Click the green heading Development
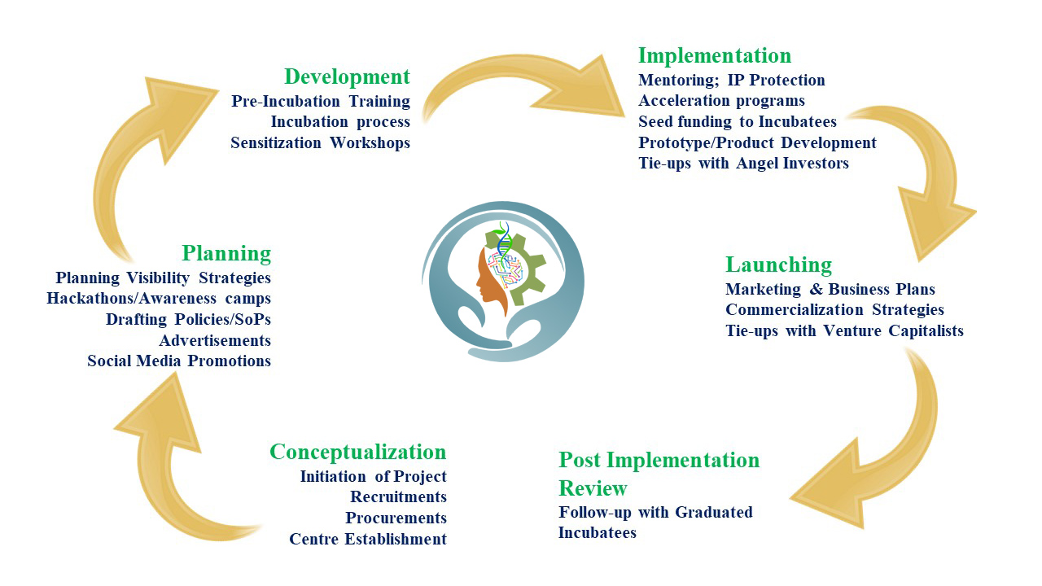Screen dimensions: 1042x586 tap(347, 77)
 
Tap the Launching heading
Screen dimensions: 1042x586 tap(779, 265)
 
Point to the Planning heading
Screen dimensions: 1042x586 tap(226, 253)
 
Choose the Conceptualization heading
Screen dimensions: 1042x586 tap(357, 452)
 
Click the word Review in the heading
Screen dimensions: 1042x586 tap(593, 488)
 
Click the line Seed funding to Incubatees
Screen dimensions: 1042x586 tap(738, 122)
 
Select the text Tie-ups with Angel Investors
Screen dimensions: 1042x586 tap(743, 164)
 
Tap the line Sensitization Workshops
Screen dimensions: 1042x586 tap(321, 142)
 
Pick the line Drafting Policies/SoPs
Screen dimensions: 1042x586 tap(188, 320)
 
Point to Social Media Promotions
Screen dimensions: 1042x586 tap(179, 361)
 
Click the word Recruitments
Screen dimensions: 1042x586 tap(398, 496)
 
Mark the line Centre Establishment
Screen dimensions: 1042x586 tap(368, 539)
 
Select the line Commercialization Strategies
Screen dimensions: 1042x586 tap(834, 310)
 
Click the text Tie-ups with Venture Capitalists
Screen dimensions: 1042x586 tap(844, 330)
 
